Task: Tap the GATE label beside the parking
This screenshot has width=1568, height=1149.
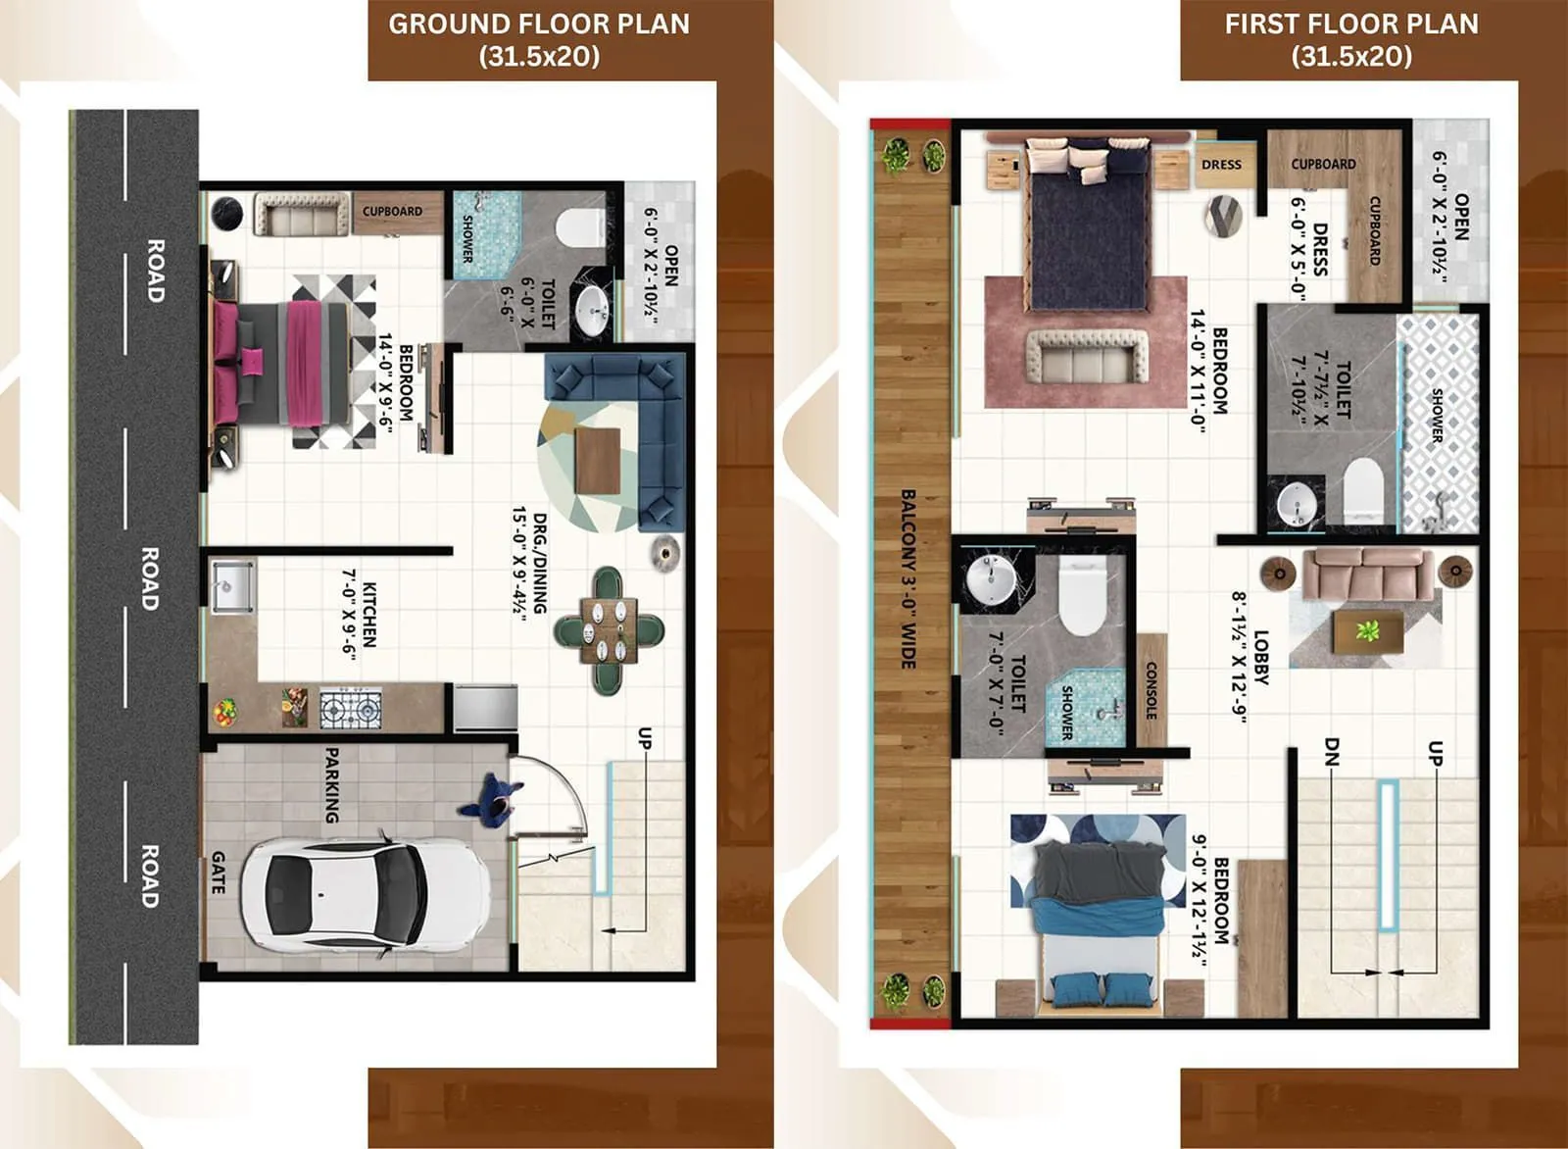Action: (x=218, y=872)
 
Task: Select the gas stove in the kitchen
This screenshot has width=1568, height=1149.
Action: (x=351, y=708)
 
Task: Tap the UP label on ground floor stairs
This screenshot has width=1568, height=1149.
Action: (x=644, y=738)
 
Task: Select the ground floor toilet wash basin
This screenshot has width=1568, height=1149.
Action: (x=593, y=311)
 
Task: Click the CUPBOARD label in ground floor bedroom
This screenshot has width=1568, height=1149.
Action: (x=392, y=211)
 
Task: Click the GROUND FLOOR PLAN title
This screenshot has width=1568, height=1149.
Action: (x=539, y=39)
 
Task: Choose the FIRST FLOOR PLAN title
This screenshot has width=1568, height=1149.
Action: (x=1350, y=39)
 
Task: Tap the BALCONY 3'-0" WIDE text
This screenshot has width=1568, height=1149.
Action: (x=908, y=579)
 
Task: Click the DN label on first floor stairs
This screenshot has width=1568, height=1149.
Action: (x=1330, y=752)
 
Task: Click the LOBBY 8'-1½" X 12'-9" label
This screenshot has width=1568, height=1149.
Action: (x=1250, y=657)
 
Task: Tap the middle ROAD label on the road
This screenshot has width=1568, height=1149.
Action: (x=149, y=578)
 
